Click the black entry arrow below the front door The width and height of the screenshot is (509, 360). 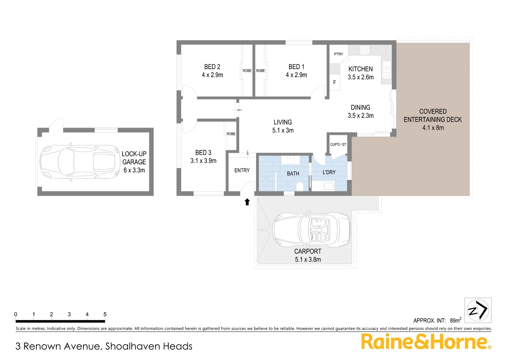tap(247, 202)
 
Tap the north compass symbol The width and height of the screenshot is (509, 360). tap(478, 310)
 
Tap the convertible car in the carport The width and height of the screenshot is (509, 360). tap(311, 230)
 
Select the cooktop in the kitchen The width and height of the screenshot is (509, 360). tap(364, 50)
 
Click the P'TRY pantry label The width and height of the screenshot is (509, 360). tap(338, 54)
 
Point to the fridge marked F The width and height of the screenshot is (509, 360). tap(334, 82)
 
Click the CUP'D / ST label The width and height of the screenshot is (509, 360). tap(338, 145)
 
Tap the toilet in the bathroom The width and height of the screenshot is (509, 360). tap(299, 186)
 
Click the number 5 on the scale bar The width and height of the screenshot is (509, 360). tap(105, 314)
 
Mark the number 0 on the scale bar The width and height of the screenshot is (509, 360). tap(16, 314)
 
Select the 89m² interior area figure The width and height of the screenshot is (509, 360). tap(455, 320)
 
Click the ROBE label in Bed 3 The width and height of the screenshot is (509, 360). tap(231, 134)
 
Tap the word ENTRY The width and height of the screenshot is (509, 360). tap(242, 170)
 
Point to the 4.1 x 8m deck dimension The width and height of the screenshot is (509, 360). tap(433, 128)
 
